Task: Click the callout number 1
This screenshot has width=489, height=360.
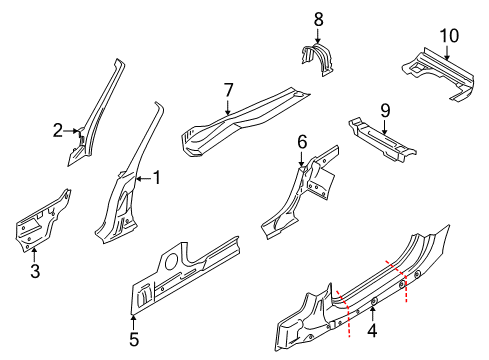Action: tap(155, 179)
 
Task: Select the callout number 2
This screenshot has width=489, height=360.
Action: tap(57, 129)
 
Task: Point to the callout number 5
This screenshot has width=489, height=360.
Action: tap(133, 338)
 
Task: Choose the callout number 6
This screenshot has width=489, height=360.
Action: tap(302, 143)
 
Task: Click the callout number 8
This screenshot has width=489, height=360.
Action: tap(318, 18)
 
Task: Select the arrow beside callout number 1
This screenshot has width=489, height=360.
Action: tap(140, 179)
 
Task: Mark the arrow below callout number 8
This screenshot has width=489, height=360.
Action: tap(318, 35)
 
